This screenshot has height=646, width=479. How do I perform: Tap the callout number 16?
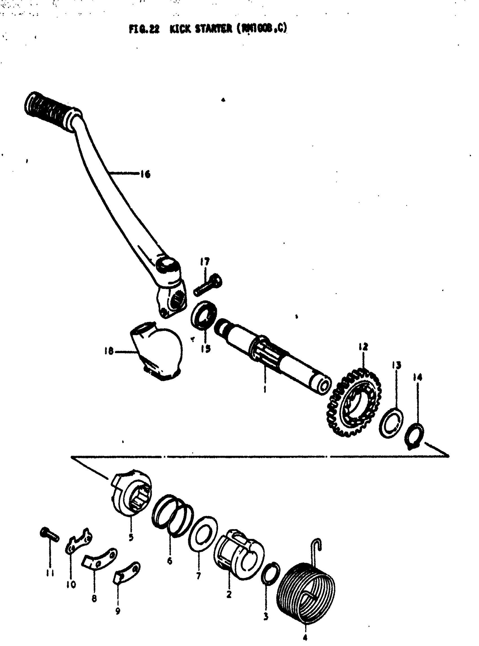145,174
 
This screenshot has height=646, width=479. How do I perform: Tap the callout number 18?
109,352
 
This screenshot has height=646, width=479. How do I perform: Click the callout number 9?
117,611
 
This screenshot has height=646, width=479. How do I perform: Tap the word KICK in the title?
179,29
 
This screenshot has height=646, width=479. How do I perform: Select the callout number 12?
363,347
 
